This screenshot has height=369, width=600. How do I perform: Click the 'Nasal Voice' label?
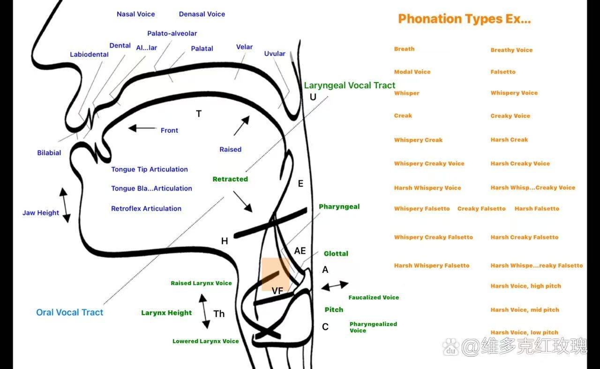pos(135,14)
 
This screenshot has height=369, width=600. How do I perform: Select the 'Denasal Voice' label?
pos(202,14)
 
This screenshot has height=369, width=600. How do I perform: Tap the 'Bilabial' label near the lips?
pos(49,153)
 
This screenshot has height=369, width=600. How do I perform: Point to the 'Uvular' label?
pos(275,54)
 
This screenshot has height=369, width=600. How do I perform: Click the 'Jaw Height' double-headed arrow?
pos(65,205)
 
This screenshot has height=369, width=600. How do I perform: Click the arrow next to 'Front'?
pos(142,128)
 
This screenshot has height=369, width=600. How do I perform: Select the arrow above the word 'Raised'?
pos(241,126)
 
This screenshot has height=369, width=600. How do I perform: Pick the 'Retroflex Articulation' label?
pos(146,208)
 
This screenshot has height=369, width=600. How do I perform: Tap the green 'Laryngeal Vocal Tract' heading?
pos(350,85)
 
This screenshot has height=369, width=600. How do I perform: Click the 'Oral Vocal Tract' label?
pos(70,312)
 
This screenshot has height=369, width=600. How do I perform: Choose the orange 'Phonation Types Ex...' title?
pos(464,19)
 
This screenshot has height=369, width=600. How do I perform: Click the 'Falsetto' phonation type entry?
pos(503,72)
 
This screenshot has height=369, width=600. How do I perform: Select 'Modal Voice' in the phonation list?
pos(412,72)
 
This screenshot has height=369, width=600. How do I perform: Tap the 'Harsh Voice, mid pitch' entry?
pos(525,310)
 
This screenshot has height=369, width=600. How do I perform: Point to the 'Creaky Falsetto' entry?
pos(481,208)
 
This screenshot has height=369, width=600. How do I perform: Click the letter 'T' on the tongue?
pos(199,114)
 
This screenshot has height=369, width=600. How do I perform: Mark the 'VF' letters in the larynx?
pos(277,291)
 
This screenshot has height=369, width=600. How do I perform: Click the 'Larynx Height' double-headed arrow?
pos(204,311)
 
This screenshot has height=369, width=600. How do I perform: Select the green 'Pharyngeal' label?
pos(339,207)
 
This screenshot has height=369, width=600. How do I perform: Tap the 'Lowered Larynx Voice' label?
pos(206,341)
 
